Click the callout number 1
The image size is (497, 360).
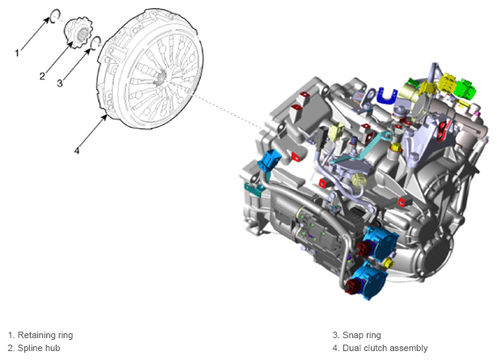tap(17, 53)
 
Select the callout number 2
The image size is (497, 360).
tap(42, 76)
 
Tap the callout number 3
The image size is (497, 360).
tap(60, 83)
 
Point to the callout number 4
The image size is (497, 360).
tap(77, 150)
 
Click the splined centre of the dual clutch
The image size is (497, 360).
tap(162, 77)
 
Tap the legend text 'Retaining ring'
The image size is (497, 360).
tap(45, 335)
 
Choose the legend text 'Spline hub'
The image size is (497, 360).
tap(39, 348)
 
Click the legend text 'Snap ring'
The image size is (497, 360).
tap(362, 335)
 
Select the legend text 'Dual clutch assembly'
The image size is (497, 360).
tap(385, 348)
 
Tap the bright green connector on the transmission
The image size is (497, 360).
tap(465, 88)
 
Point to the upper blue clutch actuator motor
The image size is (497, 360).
tap(380, 242)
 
